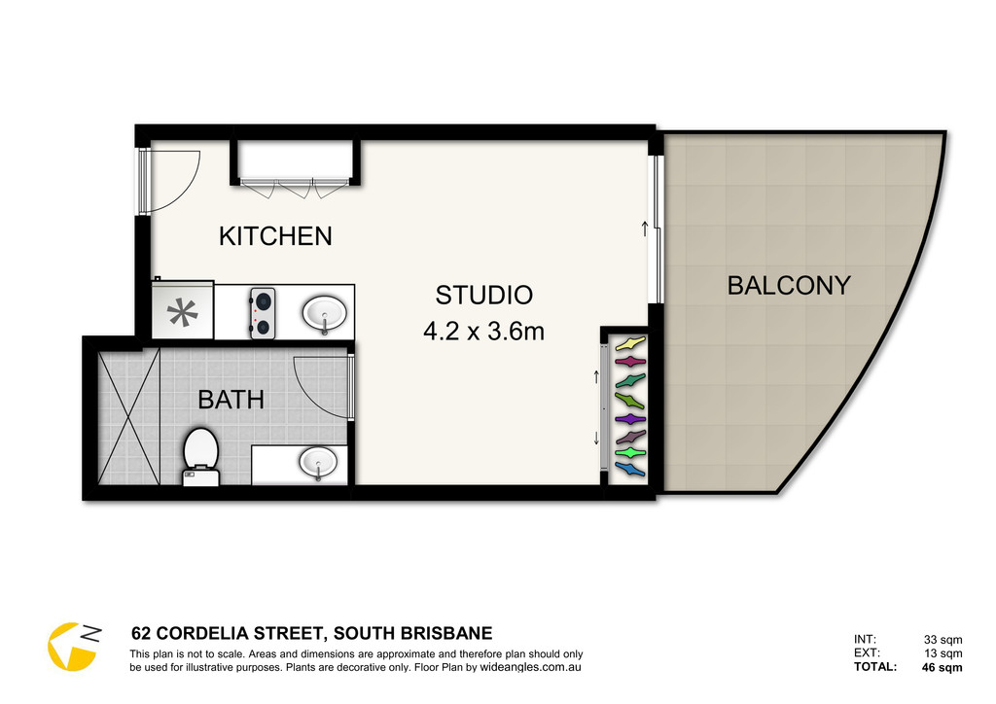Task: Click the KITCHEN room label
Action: click(275, 236)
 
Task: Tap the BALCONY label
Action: click(788, 286)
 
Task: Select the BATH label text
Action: click(231, 400)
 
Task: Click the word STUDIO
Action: click(484, 296)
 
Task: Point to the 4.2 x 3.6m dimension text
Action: click(484, 332)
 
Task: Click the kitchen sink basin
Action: click(324, 313)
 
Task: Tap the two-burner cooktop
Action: click(263, 313)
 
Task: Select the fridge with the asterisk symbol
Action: click(182, 310)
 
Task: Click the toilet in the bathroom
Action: click(200, 457)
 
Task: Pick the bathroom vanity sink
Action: click(318, 462)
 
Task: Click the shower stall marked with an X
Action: click(128, 416)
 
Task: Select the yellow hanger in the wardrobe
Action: click(630, 343)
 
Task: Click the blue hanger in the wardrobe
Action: click(630, 470)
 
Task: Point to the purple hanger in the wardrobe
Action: click(630, 419)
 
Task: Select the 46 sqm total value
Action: click(942, 667)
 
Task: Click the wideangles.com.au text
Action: click(530, 667)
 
